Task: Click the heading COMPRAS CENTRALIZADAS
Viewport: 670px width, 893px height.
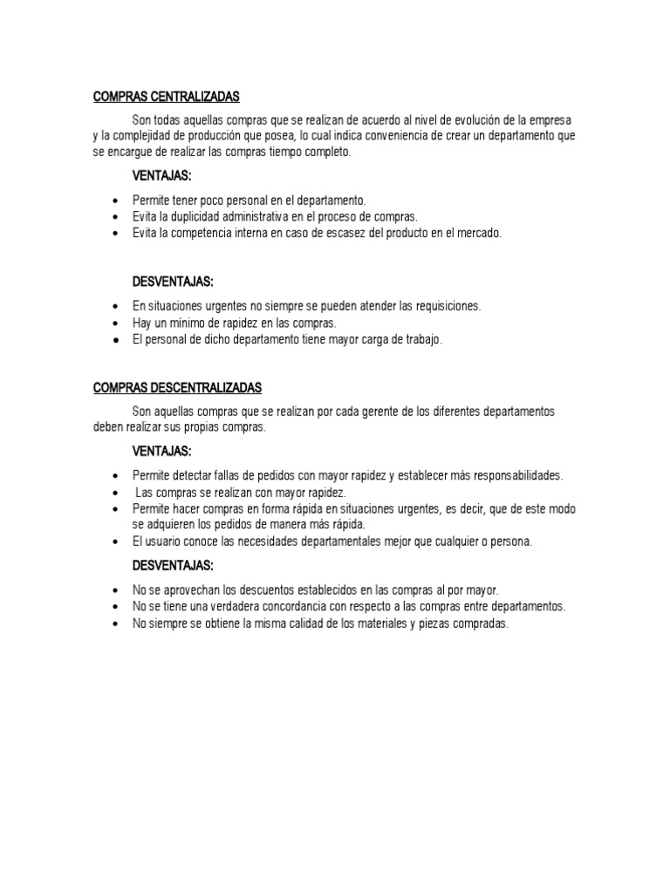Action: pos(166,97)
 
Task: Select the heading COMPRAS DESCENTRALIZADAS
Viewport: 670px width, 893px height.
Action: pos(178,387)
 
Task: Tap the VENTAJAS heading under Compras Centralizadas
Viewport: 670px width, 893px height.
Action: pos(161,177)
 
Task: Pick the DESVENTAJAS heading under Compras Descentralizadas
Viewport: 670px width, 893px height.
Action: pos(173,566)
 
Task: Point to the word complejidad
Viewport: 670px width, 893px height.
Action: pos(150,135)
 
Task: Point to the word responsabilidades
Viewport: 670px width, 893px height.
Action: pos(506,475)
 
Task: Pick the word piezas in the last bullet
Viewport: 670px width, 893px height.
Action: pos(427,623)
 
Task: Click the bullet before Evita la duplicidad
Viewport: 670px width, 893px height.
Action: pos(116,217)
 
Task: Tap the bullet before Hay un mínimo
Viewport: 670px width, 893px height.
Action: pos(116,324)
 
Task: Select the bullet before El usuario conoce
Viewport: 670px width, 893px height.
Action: pos(116,542)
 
